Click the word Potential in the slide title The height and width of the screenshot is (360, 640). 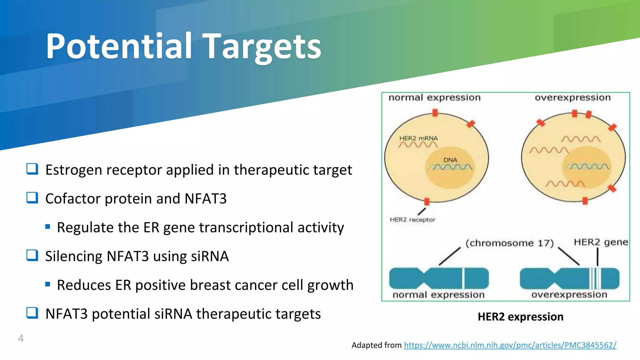tap(119, 46)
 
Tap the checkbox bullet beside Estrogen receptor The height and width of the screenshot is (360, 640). tap(32, 169)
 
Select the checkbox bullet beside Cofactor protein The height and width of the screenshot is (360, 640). tap(32, 198)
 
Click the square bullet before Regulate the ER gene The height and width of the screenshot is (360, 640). tap(47, 227)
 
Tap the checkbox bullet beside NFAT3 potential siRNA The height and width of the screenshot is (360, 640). tap(32, 313)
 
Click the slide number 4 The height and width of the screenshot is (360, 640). tap(21, 338)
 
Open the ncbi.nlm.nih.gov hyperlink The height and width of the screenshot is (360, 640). tap(510, 345)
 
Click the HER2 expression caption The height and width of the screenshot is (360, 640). tap(520, 317)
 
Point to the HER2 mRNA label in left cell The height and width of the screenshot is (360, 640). tap(418, 138)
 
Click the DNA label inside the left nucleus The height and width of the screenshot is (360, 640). tap(450, 160)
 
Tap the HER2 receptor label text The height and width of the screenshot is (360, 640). tap(412, 220)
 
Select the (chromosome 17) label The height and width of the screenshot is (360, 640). tap(509, 243)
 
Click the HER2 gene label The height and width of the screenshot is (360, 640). tap(601, 242)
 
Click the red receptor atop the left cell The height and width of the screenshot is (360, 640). tap(435, 112)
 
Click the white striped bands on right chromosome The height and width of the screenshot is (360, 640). tap(595, 278)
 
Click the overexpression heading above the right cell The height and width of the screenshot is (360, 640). tap(572, 97)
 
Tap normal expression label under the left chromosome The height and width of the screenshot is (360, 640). tap(438, 295)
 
